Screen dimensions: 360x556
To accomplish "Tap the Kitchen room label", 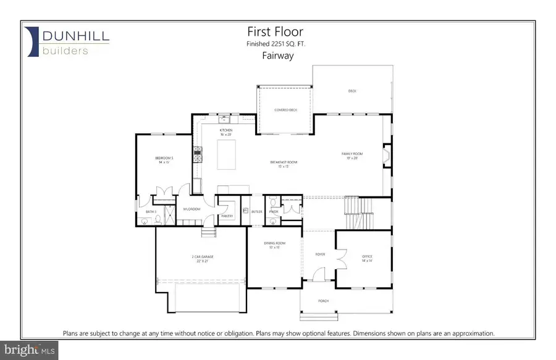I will [225, 132].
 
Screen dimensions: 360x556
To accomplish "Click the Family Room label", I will [352, 155].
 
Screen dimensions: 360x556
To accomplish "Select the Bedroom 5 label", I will [164, 160].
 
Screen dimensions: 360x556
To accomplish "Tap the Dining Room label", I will [272, 246].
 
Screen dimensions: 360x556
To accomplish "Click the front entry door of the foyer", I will [319, 275].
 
